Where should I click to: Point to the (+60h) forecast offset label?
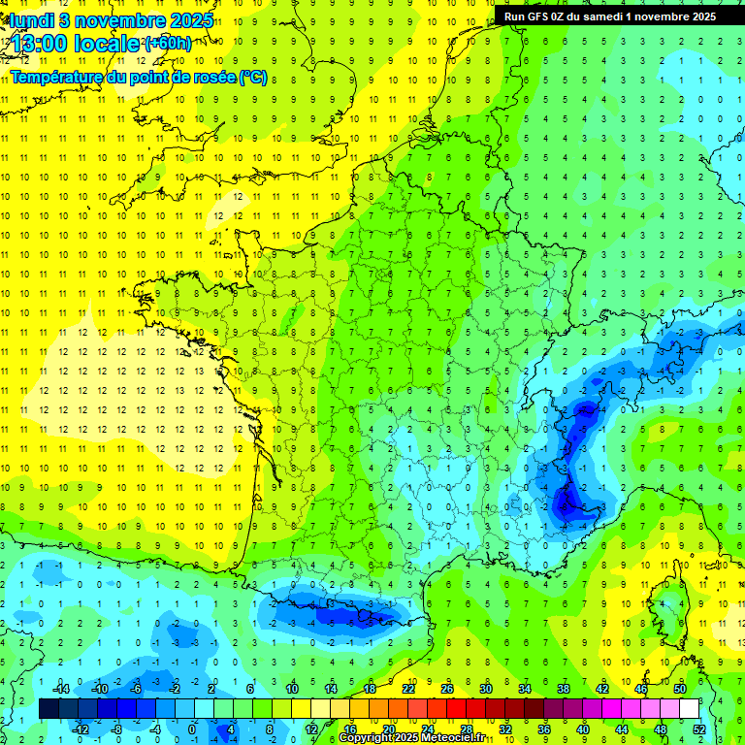tap(167, 44)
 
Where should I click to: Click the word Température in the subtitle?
tap(57, 77)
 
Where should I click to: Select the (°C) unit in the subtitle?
tap(253, 77)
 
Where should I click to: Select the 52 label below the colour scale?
tap(699, 729)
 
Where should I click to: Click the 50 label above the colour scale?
tap(680, 689)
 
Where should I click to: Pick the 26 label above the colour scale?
tap(447, 689)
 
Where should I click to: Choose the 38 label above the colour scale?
tap(564, 689)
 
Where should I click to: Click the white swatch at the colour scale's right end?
tap(690, 709)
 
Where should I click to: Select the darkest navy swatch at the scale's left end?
tap(49, 709)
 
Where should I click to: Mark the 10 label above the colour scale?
tap(292, 689)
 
